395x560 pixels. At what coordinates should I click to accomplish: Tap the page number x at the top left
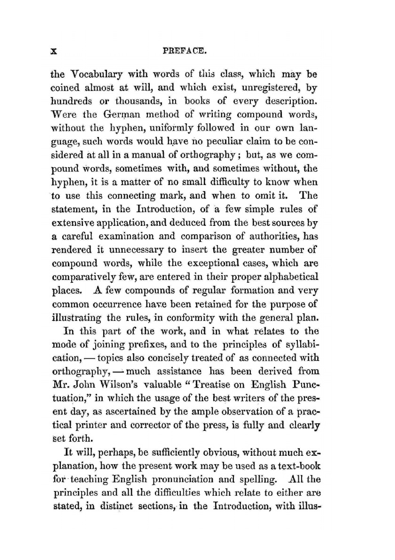(x=55, y=51)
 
